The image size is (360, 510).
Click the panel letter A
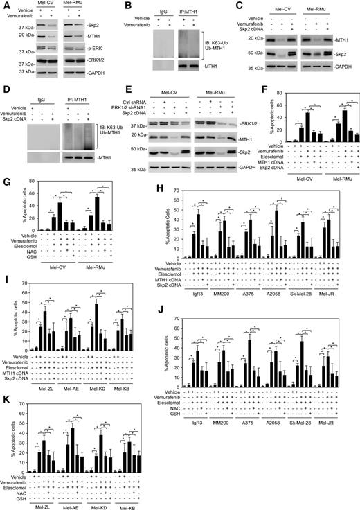pos(6,6)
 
